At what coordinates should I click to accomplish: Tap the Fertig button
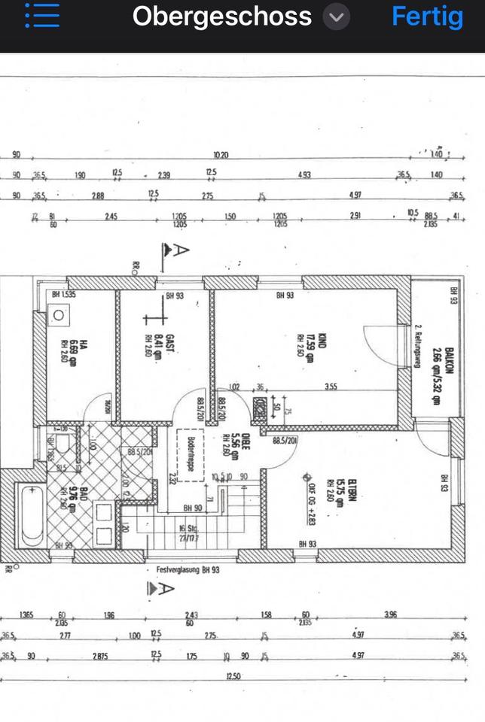point(427,17)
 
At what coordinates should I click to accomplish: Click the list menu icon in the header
point(42,16)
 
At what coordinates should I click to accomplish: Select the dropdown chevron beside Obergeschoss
point(337,17)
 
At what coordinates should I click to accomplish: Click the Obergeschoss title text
point(221,17)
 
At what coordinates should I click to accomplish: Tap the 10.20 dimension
point(220,156)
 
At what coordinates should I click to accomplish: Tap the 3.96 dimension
point(389,616)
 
